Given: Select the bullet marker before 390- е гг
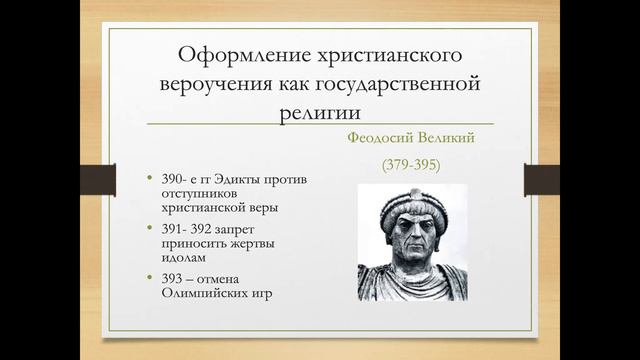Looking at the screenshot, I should pos(149,179).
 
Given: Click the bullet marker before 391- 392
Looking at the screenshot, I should pos(149,229).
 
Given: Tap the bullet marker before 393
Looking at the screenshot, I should pos(149,278).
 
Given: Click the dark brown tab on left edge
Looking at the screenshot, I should pos(92,180).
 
